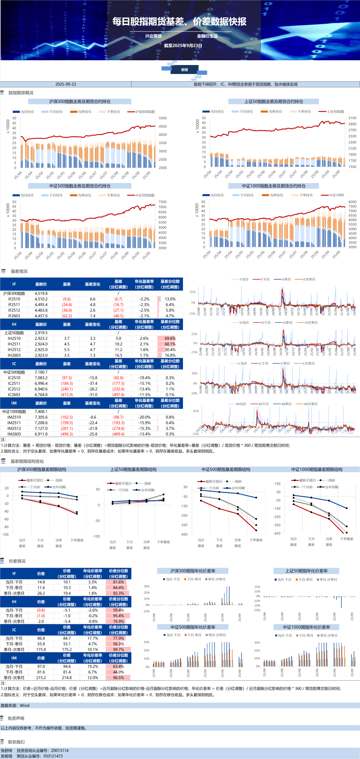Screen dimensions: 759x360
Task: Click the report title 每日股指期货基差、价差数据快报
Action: pos(179,22)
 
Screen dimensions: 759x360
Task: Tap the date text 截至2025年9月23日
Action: pos(183,46)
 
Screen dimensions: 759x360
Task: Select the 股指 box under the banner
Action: pos(185,70)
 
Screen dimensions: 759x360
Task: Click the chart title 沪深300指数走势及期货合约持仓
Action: pos(80,101)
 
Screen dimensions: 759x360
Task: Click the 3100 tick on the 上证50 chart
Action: pos(352,118)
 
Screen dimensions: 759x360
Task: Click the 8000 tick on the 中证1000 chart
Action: pos(352,202)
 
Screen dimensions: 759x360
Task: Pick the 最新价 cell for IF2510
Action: pos(41,299)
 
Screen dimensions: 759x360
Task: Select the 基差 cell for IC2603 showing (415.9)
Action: pos(67,395)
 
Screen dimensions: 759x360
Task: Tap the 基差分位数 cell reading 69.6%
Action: pos(170,338)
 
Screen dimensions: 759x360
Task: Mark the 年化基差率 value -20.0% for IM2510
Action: pos(144,417)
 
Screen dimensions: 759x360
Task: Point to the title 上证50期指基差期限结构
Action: pos(133,469)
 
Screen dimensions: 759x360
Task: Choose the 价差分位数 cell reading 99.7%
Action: pos(118,649)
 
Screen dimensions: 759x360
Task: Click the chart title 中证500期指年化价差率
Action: pos(193,627)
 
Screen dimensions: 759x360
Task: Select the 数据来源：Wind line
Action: pos(15,705)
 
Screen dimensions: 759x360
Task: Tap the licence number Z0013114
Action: pos(60,750)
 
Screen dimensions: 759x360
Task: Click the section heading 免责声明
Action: pos(16,718)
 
